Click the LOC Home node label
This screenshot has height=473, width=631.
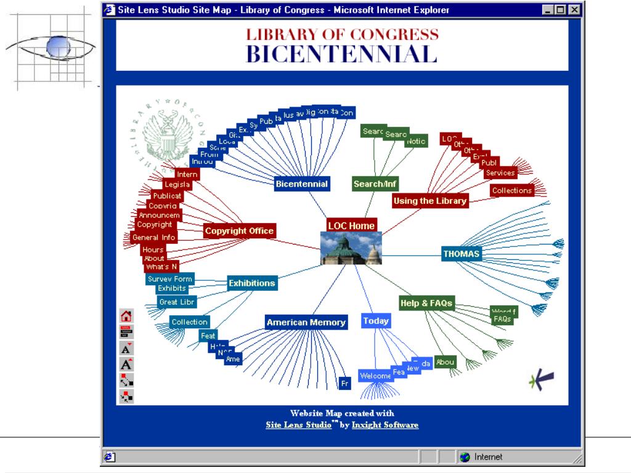pos(351,225)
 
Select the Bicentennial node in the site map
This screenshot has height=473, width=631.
pos(302,184)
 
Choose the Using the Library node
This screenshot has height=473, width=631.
pos(429,201)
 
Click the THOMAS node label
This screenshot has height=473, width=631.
pos(461,254)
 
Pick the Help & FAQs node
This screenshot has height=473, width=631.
pos(426,303)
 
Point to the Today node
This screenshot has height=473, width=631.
pos(376,321)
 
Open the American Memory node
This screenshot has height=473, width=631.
pos(306,322)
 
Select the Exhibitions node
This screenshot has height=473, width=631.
pos(251,283)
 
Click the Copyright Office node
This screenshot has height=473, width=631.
pos(239,231)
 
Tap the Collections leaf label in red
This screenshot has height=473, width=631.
pos(511,190)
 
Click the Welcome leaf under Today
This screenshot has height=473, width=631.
pos(375,376)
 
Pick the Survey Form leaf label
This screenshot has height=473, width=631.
pos(170,279)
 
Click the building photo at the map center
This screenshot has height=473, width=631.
pos(351,248)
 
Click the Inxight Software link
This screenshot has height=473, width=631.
pos(385,425)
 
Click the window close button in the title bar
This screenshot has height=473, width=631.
pos(574,10)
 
